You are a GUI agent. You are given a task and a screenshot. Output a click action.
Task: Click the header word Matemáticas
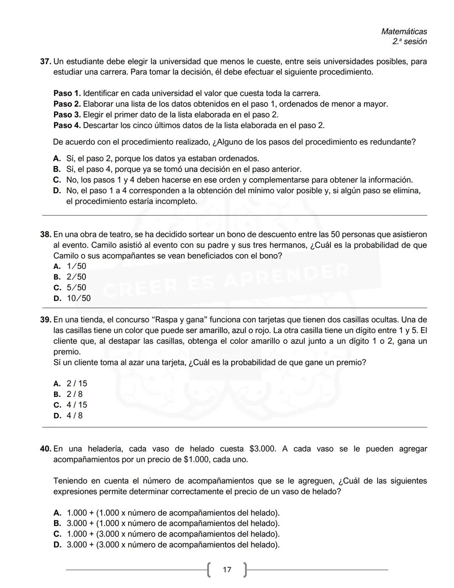(404, 32)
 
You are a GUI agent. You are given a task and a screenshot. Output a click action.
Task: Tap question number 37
(45, 62)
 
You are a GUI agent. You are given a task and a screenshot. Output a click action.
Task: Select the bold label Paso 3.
(67, 115)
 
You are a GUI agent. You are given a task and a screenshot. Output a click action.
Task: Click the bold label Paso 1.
(67, 93)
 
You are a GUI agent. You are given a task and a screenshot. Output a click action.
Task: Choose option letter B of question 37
(57, 170)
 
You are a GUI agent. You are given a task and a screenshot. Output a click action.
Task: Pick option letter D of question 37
(57, 191)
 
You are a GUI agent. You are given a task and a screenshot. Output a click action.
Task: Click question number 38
(45, 235)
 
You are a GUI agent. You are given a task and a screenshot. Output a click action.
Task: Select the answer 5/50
(76, 288)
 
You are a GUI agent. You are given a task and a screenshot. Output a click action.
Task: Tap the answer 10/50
(78, 298)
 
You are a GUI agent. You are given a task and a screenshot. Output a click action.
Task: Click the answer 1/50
(76, 266)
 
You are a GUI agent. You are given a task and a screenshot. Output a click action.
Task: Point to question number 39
(45, 320)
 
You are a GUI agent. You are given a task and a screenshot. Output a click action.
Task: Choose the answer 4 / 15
(77, 405)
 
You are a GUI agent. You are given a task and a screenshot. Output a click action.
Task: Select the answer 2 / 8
(74, 394)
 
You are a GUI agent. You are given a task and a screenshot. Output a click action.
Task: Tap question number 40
(45, 449)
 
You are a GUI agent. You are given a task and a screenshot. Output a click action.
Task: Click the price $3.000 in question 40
(263, 449)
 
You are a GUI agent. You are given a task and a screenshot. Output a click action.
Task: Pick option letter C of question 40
(57, 534)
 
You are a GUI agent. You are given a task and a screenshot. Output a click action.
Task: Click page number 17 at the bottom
(227, 570)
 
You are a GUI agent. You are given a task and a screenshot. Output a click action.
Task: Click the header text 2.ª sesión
(409, 42)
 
